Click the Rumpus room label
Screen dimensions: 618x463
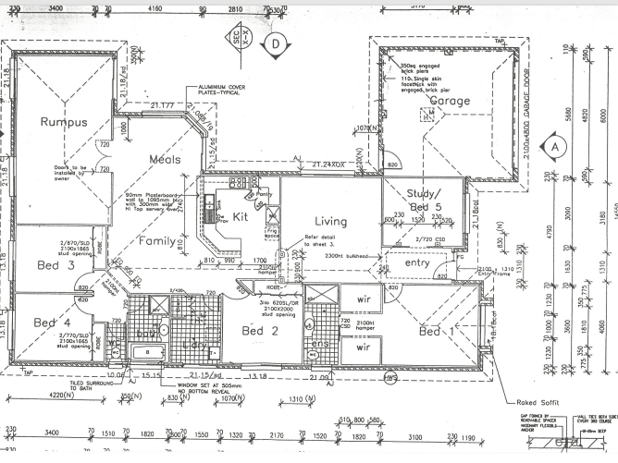pos(63,121)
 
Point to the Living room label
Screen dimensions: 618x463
pos(330,221)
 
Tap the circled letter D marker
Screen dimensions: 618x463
pos(275,42)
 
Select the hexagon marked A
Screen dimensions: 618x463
pos(555,146)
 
